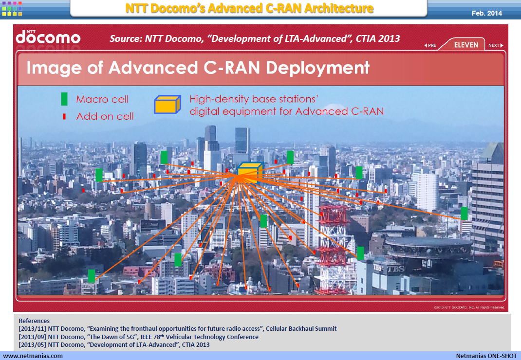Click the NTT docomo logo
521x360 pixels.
click(x=48, y=37)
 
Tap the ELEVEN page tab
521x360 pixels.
click(x=466, y=45)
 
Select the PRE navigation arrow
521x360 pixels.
click(x=430, y=46)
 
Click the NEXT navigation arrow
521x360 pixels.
click(x=496, y=46)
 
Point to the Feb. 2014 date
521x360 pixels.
click(x=486, y=13)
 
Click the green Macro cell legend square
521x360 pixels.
click(x=64, y=99)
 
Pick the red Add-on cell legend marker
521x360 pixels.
click(x=64, y=117)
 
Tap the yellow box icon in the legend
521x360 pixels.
click(x=167, y=104)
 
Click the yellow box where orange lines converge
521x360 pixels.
click(x=249, y=173)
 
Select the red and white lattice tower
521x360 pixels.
click(x=333, y=250)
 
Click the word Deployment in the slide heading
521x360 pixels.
click(x=317, y=68)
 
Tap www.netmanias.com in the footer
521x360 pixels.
click(x=33, y=356)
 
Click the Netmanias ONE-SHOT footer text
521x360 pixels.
click(x=486, y=356)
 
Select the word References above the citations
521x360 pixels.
click(x=34, y=321)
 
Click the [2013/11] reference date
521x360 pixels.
click(x=32, y=329)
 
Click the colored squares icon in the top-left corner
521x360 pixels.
click(x=12, y=9)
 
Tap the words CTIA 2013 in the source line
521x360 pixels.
click(x=378, y=38)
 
